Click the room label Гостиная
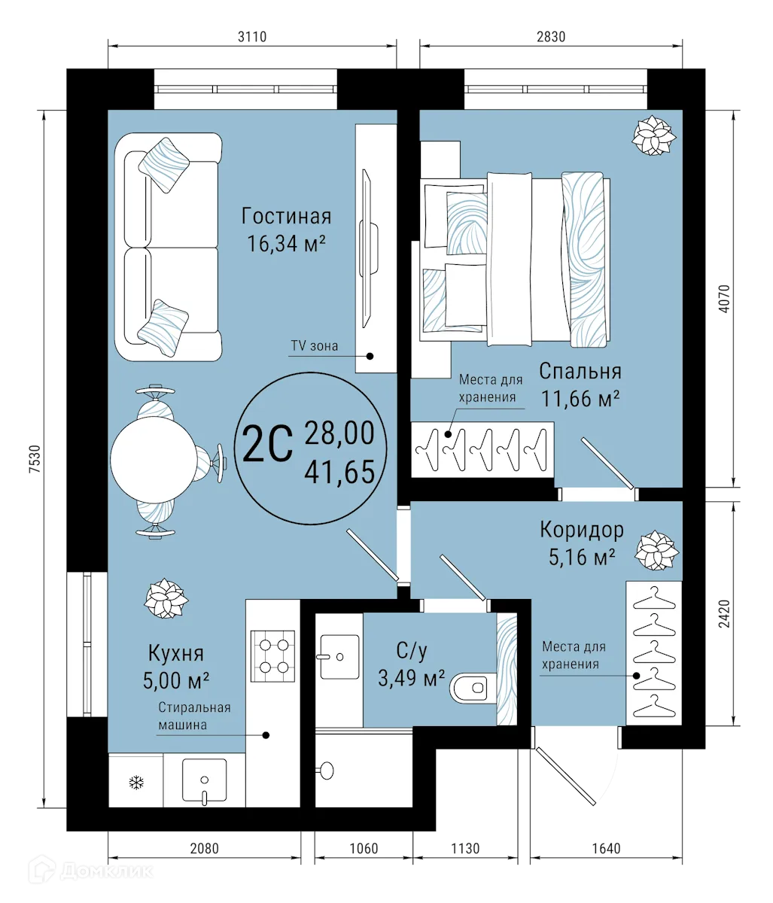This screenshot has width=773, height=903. click(286, 217)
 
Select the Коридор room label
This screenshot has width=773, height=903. click(581, 530)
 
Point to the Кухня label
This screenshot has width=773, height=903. click(175, 653)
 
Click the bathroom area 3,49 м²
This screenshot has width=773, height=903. click(411, 678)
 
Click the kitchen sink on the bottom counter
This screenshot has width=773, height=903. click(204, 780)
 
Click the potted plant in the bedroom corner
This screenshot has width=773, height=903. click(652, 136)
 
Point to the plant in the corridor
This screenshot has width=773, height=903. click(656, 551)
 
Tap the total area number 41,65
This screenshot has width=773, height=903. click(339, 472)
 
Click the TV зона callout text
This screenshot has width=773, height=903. click(315, 346)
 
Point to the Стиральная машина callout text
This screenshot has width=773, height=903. click(193, 716)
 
